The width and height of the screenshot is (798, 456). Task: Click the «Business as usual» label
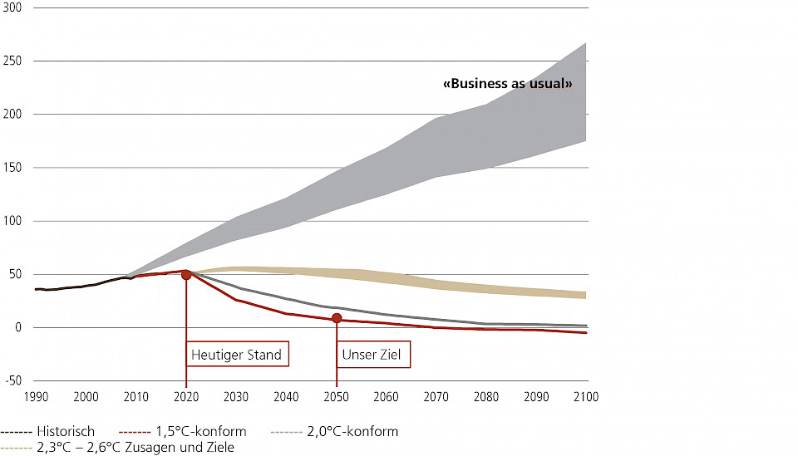[508, 84]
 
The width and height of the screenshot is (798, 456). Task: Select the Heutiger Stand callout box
[237, 355]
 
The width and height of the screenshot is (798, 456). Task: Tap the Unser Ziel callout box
[373, 355]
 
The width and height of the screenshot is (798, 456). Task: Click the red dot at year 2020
[186, 274]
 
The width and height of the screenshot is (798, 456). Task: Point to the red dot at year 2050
[337, 318]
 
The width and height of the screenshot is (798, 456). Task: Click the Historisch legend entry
[48, 431]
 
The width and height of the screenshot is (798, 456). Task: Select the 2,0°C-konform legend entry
[336, 431]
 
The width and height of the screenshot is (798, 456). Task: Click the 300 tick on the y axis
[13, 7]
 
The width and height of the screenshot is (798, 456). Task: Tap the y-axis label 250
[13, 61]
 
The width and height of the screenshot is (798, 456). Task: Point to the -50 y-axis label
[13, 381]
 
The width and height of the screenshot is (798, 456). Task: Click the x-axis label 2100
[587, 396]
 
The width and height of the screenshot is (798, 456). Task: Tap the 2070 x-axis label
[436, 396]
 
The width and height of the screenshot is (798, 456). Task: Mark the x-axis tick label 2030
[236, 396]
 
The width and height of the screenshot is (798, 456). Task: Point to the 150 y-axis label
[13, 168]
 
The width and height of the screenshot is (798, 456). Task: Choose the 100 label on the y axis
[13, 221]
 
